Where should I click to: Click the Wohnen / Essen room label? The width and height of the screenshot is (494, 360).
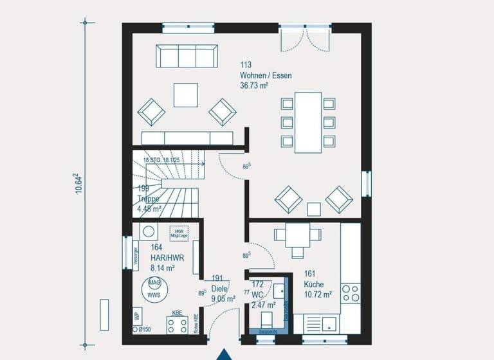tap(266, 75)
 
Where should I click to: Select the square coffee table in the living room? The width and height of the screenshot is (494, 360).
tap(187, 95)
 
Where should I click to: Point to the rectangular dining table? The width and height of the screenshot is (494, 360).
tap(308, 122)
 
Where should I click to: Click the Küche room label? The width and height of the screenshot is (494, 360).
tap(315, 283)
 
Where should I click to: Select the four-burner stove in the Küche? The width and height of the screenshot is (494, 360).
tap(350, 293)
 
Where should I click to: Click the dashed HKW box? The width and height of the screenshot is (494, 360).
tap(178, 233)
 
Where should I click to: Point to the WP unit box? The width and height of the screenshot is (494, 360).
tap(136, 316)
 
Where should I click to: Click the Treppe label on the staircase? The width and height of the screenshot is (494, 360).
tap(148, 199)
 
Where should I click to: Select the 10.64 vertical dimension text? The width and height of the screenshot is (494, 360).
tap(78, 183)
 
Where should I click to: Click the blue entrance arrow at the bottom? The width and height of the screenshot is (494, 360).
tap(223, 354)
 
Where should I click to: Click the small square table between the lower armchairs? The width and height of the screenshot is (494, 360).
tap(313, 208)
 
